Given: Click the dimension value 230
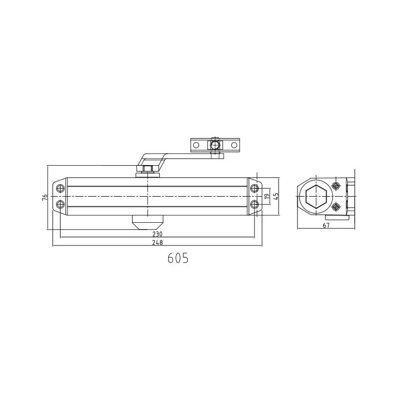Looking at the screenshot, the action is coord(158,234).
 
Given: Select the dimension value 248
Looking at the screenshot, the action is coord(158,243).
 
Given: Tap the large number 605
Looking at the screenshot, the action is coord(178,258).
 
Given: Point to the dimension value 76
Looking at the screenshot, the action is coord(45,197).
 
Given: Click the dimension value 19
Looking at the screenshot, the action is coord(267,196).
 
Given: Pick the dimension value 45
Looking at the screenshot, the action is coord(276,196).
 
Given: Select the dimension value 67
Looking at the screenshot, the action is coord(326,225).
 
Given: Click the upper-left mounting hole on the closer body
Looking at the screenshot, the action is coord(60,189).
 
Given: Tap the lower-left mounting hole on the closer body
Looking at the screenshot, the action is coord(60,204).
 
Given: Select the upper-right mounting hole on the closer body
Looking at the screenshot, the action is coord(254,189).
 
